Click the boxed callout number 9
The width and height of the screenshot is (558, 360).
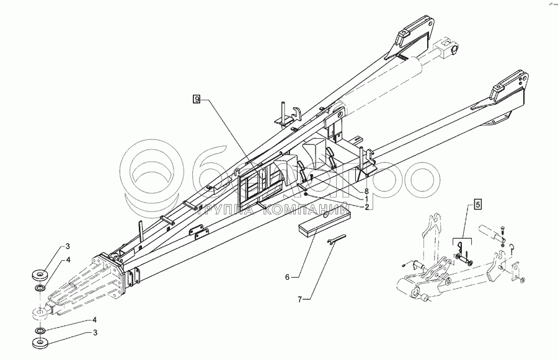197,99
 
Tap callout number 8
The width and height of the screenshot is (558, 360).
367,192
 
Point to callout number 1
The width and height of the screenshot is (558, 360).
367,200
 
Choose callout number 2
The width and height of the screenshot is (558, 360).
367,207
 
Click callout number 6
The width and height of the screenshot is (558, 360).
288,276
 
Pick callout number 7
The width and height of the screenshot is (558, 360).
300,300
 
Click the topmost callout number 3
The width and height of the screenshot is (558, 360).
69,248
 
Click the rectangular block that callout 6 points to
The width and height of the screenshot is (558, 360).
324,221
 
